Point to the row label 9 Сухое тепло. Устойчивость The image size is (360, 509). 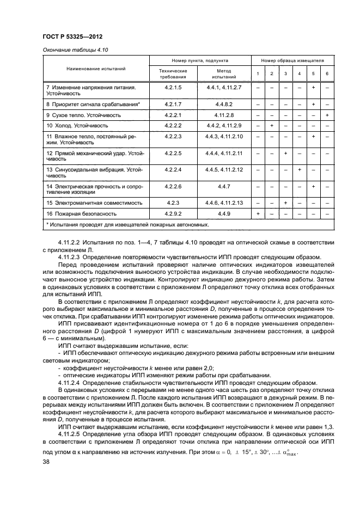[x=83, y=115]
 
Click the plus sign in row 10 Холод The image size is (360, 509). [x=271, y=125]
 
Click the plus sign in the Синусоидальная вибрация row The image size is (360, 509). [x=299, y=170]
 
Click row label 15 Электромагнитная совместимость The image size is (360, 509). [x=94, y=203]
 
